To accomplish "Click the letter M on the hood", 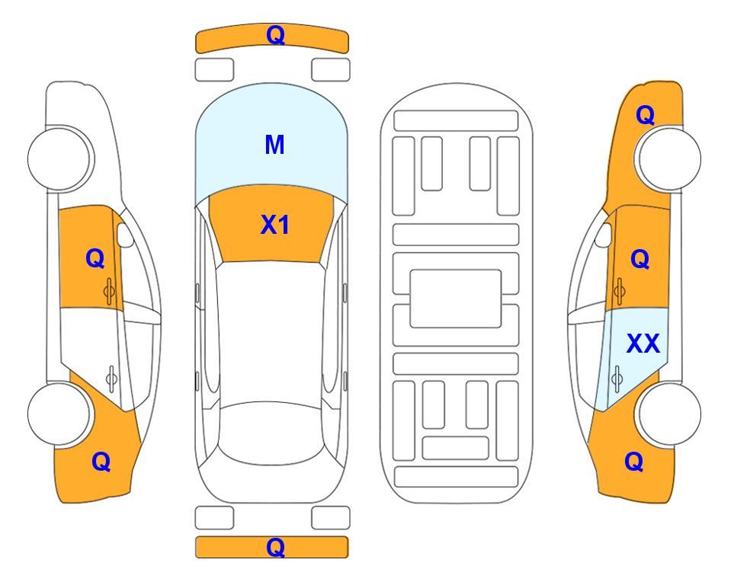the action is pyautogui.click(x=274, y=145).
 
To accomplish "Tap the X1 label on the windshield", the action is pyautogui.click(x=275, y=225).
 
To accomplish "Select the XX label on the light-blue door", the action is pyautogui.click(x=643, y=344).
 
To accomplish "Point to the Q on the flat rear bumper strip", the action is pyautogui.click(x=275, y=548).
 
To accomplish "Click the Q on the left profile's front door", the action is pyautogui.click(x=95, y=258).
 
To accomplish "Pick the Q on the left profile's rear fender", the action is pyautogui.click(x=101, y=462).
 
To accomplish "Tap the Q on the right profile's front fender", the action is pyautogui.click(x=645, y=115).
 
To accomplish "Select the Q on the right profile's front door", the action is pyautogui.click(x=640, y=259).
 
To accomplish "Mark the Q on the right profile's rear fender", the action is pyautogui.click(x=634, y=462).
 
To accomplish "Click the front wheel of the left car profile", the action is pyautogui.click(x=59, y=159).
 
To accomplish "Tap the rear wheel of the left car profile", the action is pyautogui.click(x=59, y=414).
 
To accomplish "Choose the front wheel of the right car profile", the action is pyautogui.click(x=669, y=159).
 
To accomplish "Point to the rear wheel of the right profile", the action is pyautogui.click(x=669, y=414).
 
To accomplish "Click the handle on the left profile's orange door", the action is pyautogui.click(x=109, y=291).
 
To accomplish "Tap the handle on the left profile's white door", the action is pyautogui.click(x=111, y=378).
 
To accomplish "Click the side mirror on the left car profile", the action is pyautogui.click(x=124, y=235).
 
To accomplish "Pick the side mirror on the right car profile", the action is pyautogui.click(x=604, y=235).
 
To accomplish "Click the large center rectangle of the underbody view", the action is pyautogui.click(x=456, y=299).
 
